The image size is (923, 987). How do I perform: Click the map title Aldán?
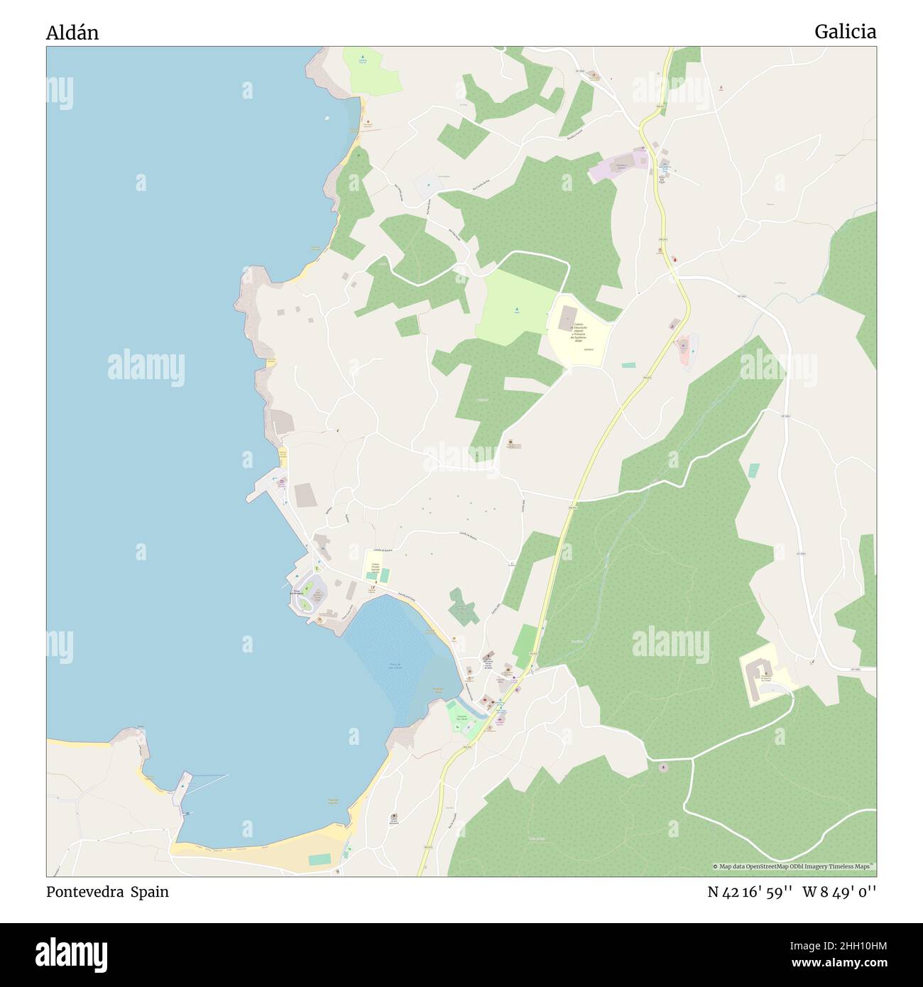[72, 33]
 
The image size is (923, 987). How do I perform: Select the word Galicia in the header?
[845, 31]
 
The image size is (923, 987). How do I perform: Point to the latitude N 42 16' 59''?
[750, 892]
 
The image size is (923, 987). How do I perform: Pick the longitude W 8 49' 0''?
[840, 892]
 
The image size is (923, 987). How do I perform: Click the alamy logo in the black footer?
[71, 954]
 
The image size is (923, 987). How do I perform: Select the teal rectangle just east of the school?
[628, 365]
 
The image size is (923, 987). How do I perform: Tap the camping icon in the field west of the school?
[517, 310]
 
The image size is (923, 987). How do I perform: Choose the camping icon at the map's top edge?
[362, 57]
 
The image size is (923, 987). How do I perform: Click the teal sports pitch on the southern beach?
[319, 859]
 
